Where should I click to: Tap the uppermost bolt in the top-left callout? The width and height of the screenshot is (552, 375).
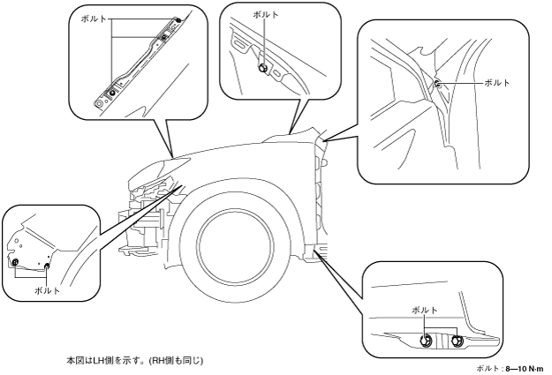pos(178,19)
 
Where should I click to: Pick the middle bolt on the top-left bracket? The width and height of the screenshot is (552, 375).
pos(163,38)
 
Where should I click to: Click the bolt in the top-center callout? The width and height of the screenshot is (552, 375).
pos(261,67)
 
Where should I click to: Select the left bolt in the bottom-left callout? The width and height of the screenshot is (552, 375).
pos(15,262)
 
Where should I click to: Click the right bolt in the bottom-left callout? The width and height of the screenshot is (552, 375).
pos(46,264)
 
